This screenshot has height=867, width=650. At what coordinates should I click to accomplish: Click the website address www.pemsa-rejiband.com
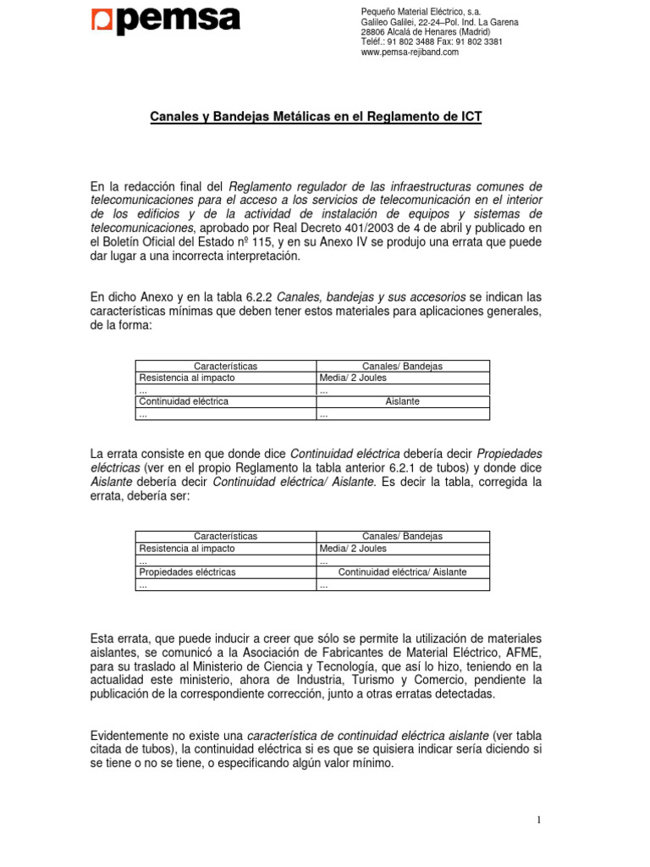(410, 52)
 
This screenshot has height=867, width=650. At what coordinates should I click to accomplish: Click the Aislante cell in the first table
(402, 401)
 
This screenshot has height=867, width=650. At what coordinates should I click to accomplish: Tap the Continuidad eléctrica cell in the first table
(183, 401)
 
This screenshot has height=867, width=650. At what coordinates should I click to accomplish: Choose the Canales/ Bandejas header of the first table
(402, 366)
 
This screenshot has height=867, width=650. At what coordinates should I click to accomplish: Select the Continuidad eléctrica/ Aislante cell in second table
(402, 572)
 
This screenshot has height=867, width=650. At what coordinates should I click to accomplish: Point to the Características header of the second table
(225, 536)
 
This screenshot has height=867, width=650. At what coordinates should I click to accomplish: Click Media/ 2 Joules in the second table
(353, 548)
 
